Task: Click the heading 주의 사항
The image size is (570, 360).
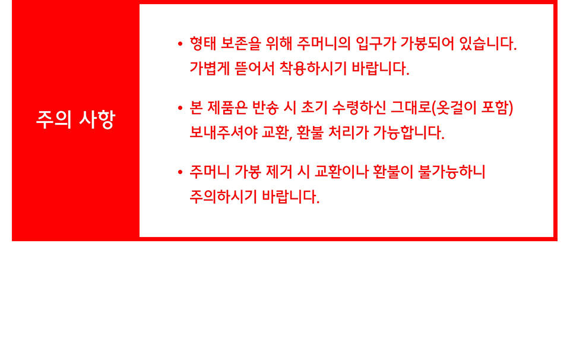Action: pos(75,119)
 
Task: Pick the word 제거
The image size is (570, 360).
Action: pos(279,172)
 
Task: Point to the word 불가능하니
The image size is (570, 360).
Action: pos(452,172)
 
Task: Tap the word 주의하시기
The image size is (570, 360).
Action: pos(223,197)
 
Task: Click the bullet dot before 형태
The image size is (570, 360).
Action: pos(180,44)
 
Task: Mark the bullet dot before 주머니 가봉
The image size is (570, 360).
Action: pos(180,172)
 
